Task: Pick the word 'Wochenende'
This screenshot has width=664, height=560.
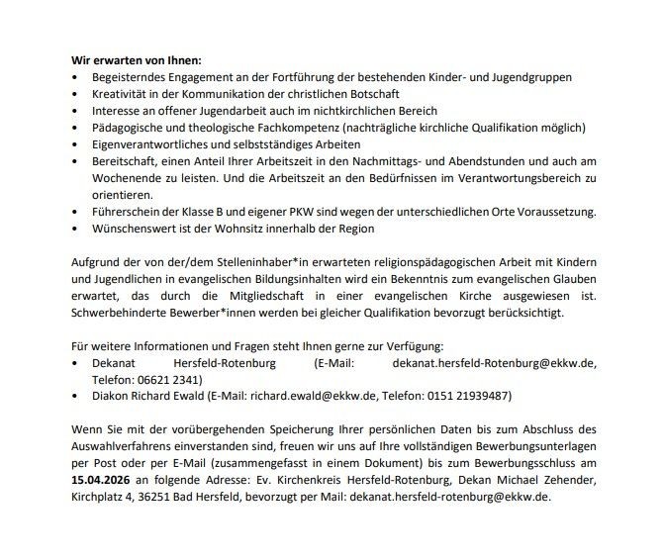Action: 124,178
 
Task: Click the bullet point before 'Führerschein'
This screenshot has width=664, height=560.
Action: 78,213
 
